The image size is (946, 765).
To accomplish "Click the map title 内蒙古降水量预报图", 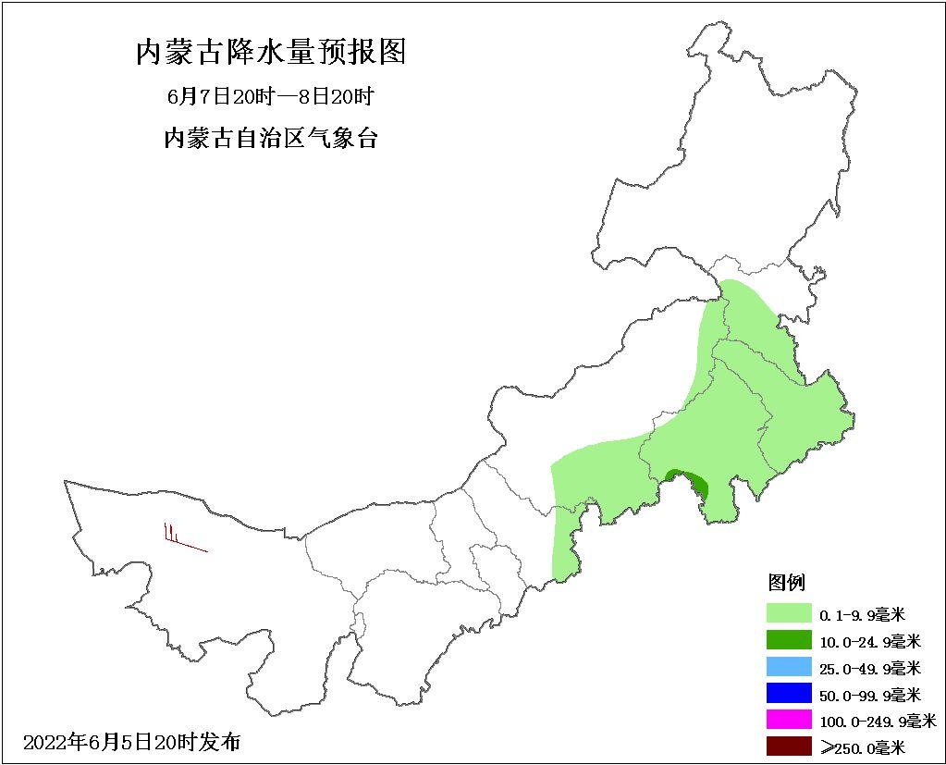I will point(271,52).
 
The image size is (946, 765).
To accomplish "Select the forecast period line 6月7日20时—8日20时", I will point(270,96).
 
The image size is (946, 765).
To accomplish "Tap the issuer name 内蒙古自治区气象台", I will point(270,139).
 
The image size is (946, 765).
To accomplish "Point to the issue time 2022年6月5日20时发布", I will point(131,742).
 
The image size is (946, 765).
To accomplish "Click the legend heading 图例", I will point(787,583).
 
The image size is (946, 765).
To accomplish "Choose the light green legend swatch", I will point(788,612).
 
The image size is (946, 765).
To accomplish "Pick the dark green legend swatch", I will point(788,639).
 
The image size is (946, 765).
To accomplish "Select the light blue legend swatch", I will point(788,666).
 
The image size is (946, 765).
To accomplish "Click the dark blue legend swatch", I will point(788,693).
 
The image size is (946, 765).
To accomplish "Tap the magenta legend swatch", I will point(788,720).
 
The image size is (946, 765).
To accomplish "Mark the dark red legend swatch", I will point(788,746).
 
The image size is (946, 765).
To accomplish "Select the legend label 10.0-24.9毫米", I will point(869,640).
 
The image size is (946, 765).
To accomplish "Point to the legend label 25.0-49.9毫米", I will point(869,667).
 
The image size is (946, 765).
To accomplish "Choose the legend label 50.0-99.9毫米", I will point(869,694).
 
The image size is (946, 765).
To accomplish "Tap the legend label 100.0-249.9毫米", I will point(877,721).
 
